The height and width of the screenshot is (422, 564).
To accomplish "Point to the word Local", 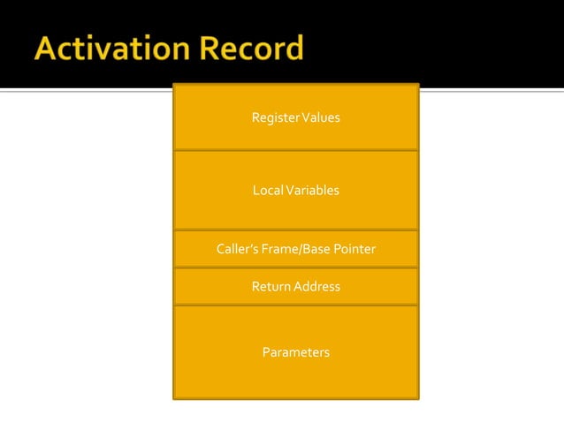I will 267,191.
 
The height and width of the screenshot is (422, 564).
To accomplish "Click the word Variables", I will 311,191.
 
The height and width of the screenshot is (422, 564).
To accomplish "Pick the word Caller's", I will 237,250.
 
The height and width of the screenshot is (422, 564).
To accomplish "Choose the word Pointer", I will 354,250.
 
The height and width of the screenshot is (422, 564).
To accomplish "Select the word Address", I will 316,287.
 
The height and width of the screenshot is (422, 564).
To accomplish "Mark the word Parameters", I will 296,353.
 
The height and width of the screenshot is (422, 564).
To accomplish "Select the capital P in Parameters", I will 266,353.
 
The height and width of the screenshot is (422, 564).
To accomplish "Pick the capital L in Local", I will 255,191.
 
